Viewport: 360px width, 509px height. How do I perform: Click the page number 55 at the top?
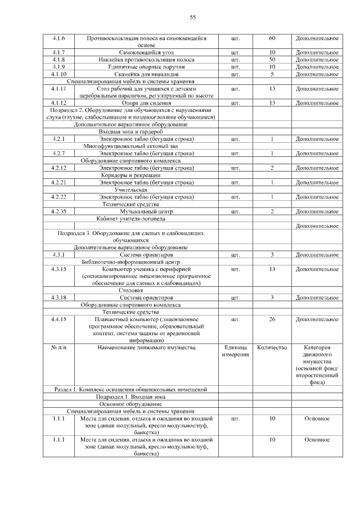[192, 17]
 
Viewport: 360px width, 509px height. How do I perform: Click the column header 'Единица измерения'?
[236, 352]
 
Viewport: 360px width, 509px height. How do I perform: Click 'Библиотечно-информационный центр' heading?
[130, 262]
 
